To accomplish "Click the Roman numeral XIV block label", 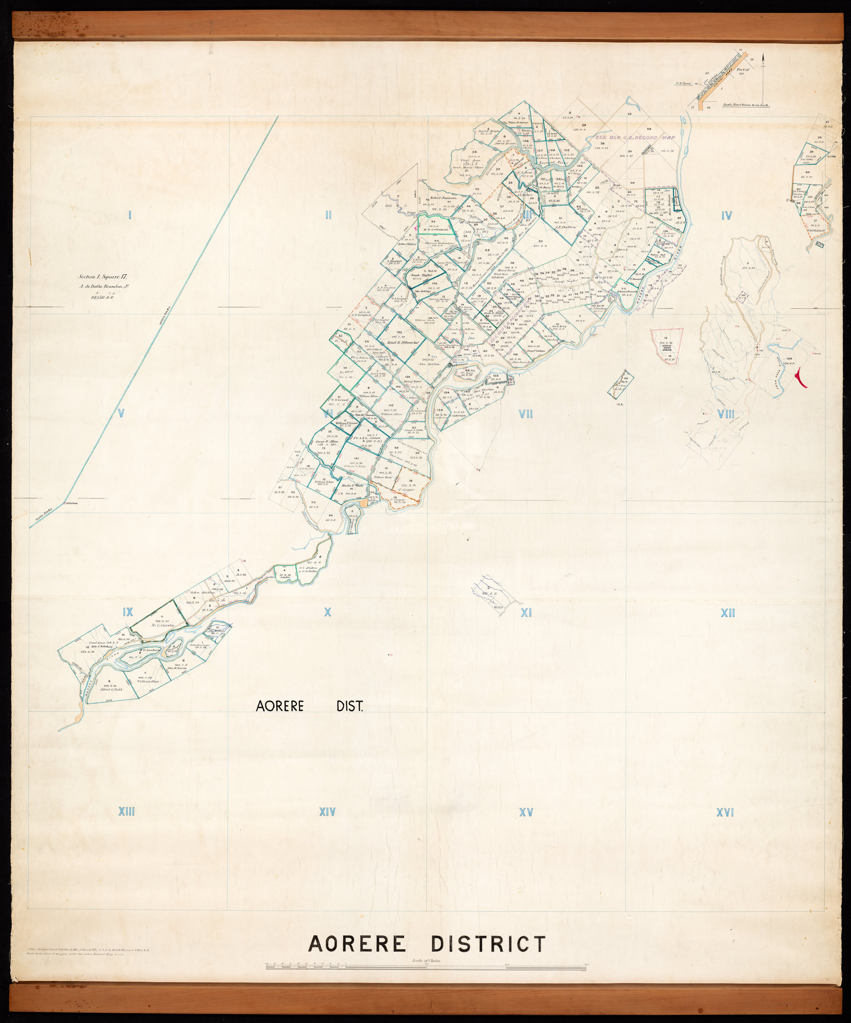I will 327,812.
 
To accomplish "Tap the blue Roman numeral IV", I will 726,215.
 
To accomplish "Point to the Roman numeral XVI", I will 725,812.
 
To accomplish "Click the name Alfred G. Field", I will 111,689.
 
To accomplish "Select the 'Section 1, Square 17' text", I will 103,277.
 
